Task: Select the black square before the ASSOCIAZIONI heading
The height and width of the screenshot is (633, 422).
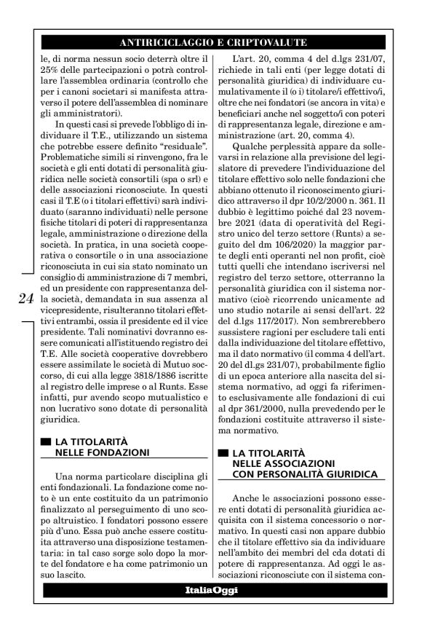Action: pyautogui.click(x=223, y=453)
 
